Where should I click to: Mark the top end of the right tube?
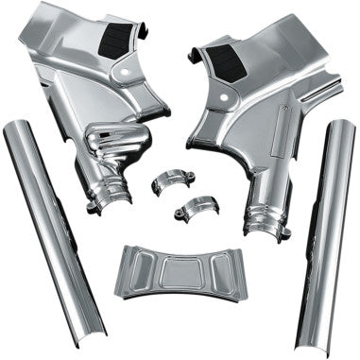[x=338, y=125]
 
